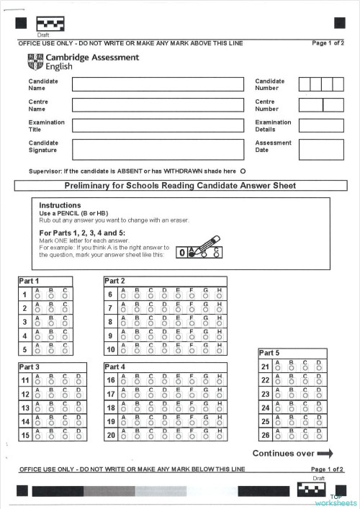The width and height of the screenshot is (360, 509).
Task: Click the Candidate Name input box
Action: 158,84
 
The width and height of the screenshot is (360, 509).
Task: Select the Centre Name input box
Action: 158,105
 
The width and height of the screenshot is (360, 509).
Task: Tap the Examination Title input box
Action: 158,125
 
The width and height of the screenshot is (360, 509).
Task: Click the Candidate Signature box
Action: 158,149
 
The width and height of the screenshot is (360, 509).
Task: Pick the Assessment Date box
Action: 321,149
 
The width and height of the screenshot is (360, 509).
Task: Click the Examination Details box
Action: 321,125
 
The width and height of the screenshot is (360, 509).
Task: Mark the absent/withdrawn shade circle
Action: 243,171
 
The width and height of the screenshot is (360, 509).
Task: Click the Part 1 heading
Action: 30,281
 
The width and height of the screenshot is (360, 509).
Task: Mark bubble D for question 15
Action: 78,436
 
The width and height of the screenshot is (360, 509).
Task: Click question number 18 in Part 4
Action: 111,407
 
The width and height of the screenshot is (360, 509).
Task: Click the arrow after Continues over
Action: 325,454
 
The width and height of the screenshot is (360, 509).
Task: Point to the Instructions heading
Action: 60,206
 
